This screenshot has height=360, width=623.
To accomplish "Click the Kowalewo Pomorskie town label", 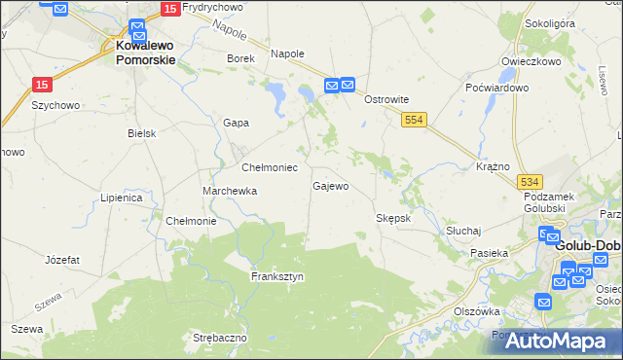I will [x=146, y=52].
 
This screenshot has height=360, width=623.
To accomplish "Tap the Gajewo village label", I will [x=330, y=185].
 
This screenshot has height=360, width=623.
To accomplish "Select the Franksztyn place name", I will [x=277, y=276].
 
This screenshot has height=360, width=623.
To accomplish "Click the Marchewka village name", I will [x=230, y=191].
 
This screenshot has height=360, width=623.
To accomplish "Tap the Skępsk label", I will [x=393, y=218].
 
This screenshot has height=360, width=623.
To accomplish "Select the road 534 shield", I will [x=531, y=182].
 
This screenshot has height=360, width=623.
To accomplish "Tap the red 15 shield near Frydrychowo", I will [x=169, y=9].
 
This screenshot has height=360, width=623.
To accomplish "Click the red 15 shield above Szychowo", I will [x=41, y=85].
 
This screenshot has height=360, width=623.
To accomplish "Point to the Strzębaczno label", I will [x=220, y=338].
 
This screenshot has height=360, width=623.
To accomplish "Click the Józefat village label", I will [x=62, y=260].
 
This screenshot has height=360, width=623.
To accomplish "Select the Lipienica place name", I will [x=122, y=198].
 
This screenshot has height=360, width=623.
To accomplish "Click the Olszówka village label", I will [x=477, y=311].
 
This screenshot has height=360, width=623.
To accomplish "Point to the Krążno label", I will [x=494, y=166].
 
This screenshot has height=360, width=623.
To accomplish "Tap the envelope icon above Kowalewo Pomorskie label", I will [x=136, y=29].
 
